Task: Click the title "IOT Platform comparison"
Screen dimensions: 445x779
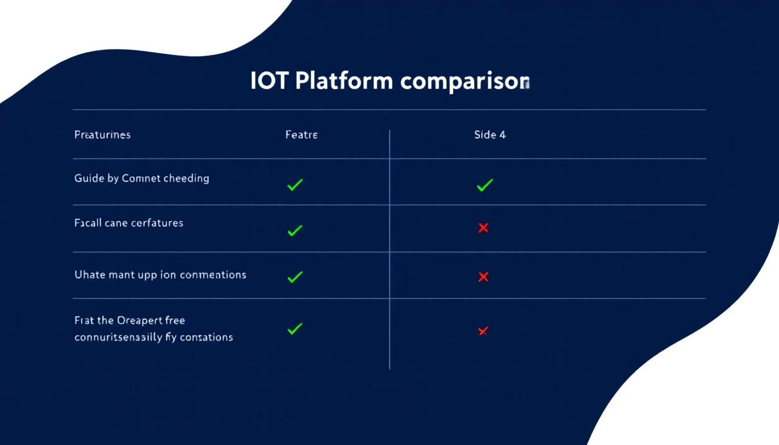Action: [x=389, y=82]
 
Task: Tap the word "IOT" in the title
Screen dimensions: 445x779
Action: [x=269, y=82]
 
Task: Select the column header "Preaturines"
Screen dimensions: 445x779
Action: [x=103, y=135]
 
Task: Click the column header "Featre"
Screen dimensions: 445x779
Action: [x=301, y=135]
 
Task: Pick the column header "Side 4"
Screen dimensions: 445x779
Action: [x=490, y=135]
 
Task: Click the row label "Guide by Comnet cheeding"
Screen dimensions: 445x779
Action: [x=141, y=178]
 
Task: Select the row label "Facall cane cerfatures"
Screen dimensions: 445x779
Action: [x=129, y=222]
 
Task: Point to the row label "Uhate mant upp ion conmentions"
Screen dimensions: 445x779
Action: [x=160, y=275]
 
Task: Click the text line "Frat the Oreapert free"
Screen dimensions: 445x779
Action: [x=130, y=320]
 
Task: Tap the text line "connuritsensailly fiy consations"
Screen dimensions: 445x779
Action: [x=154, y=337]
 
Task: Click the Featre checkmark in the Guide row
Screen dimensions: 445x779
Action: [x=295, y=185]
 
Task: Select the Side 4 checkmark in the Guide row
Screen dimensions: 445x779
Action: [x=485, y=185]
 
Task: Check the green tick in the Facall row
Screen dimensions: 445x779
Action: [x=295, y=231]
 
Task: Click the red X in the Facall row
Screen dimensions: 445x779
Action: [x=483, y=228]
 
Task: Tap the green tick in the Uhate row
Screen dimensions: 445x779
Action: [x=295, y=277]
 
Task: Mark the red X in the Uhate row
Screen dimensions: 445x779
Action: [x=483, y=277]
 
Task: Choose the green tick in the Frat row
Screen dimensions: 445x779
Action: [x=295, y=329]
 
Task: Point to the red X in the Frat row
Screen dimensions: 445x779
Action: [x=482, y=331]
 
